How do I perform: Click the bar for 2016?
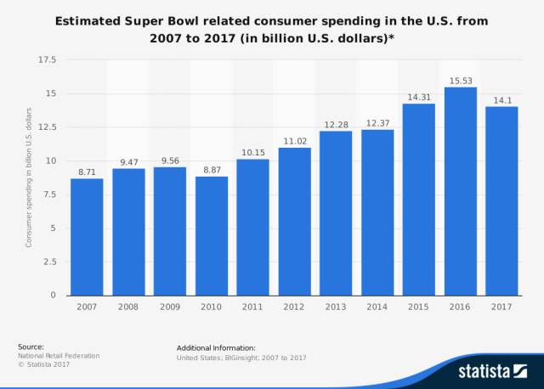click(x=460, y=191)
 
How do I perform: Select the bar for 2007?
click(x=87, y=237)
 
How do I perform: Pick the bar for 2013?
click(x=336, y=213)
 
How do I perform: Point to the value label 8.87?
click(x=212, y=168)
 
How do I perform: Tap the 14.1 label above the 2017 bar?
click(x=501, y=99)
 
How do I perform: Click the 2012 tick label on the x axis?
click(x=294, y=306)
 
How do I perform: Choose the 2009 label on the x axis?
click(x=170, y=306)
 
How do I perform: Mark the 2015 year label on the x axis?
click(x=418, y=306)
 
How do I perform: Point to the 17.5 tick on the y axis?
click(x=47, y=60)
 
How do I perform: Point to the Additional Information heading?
click(x=216, y=348)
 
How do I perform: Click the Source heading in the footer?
click(x=31, y=347)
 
